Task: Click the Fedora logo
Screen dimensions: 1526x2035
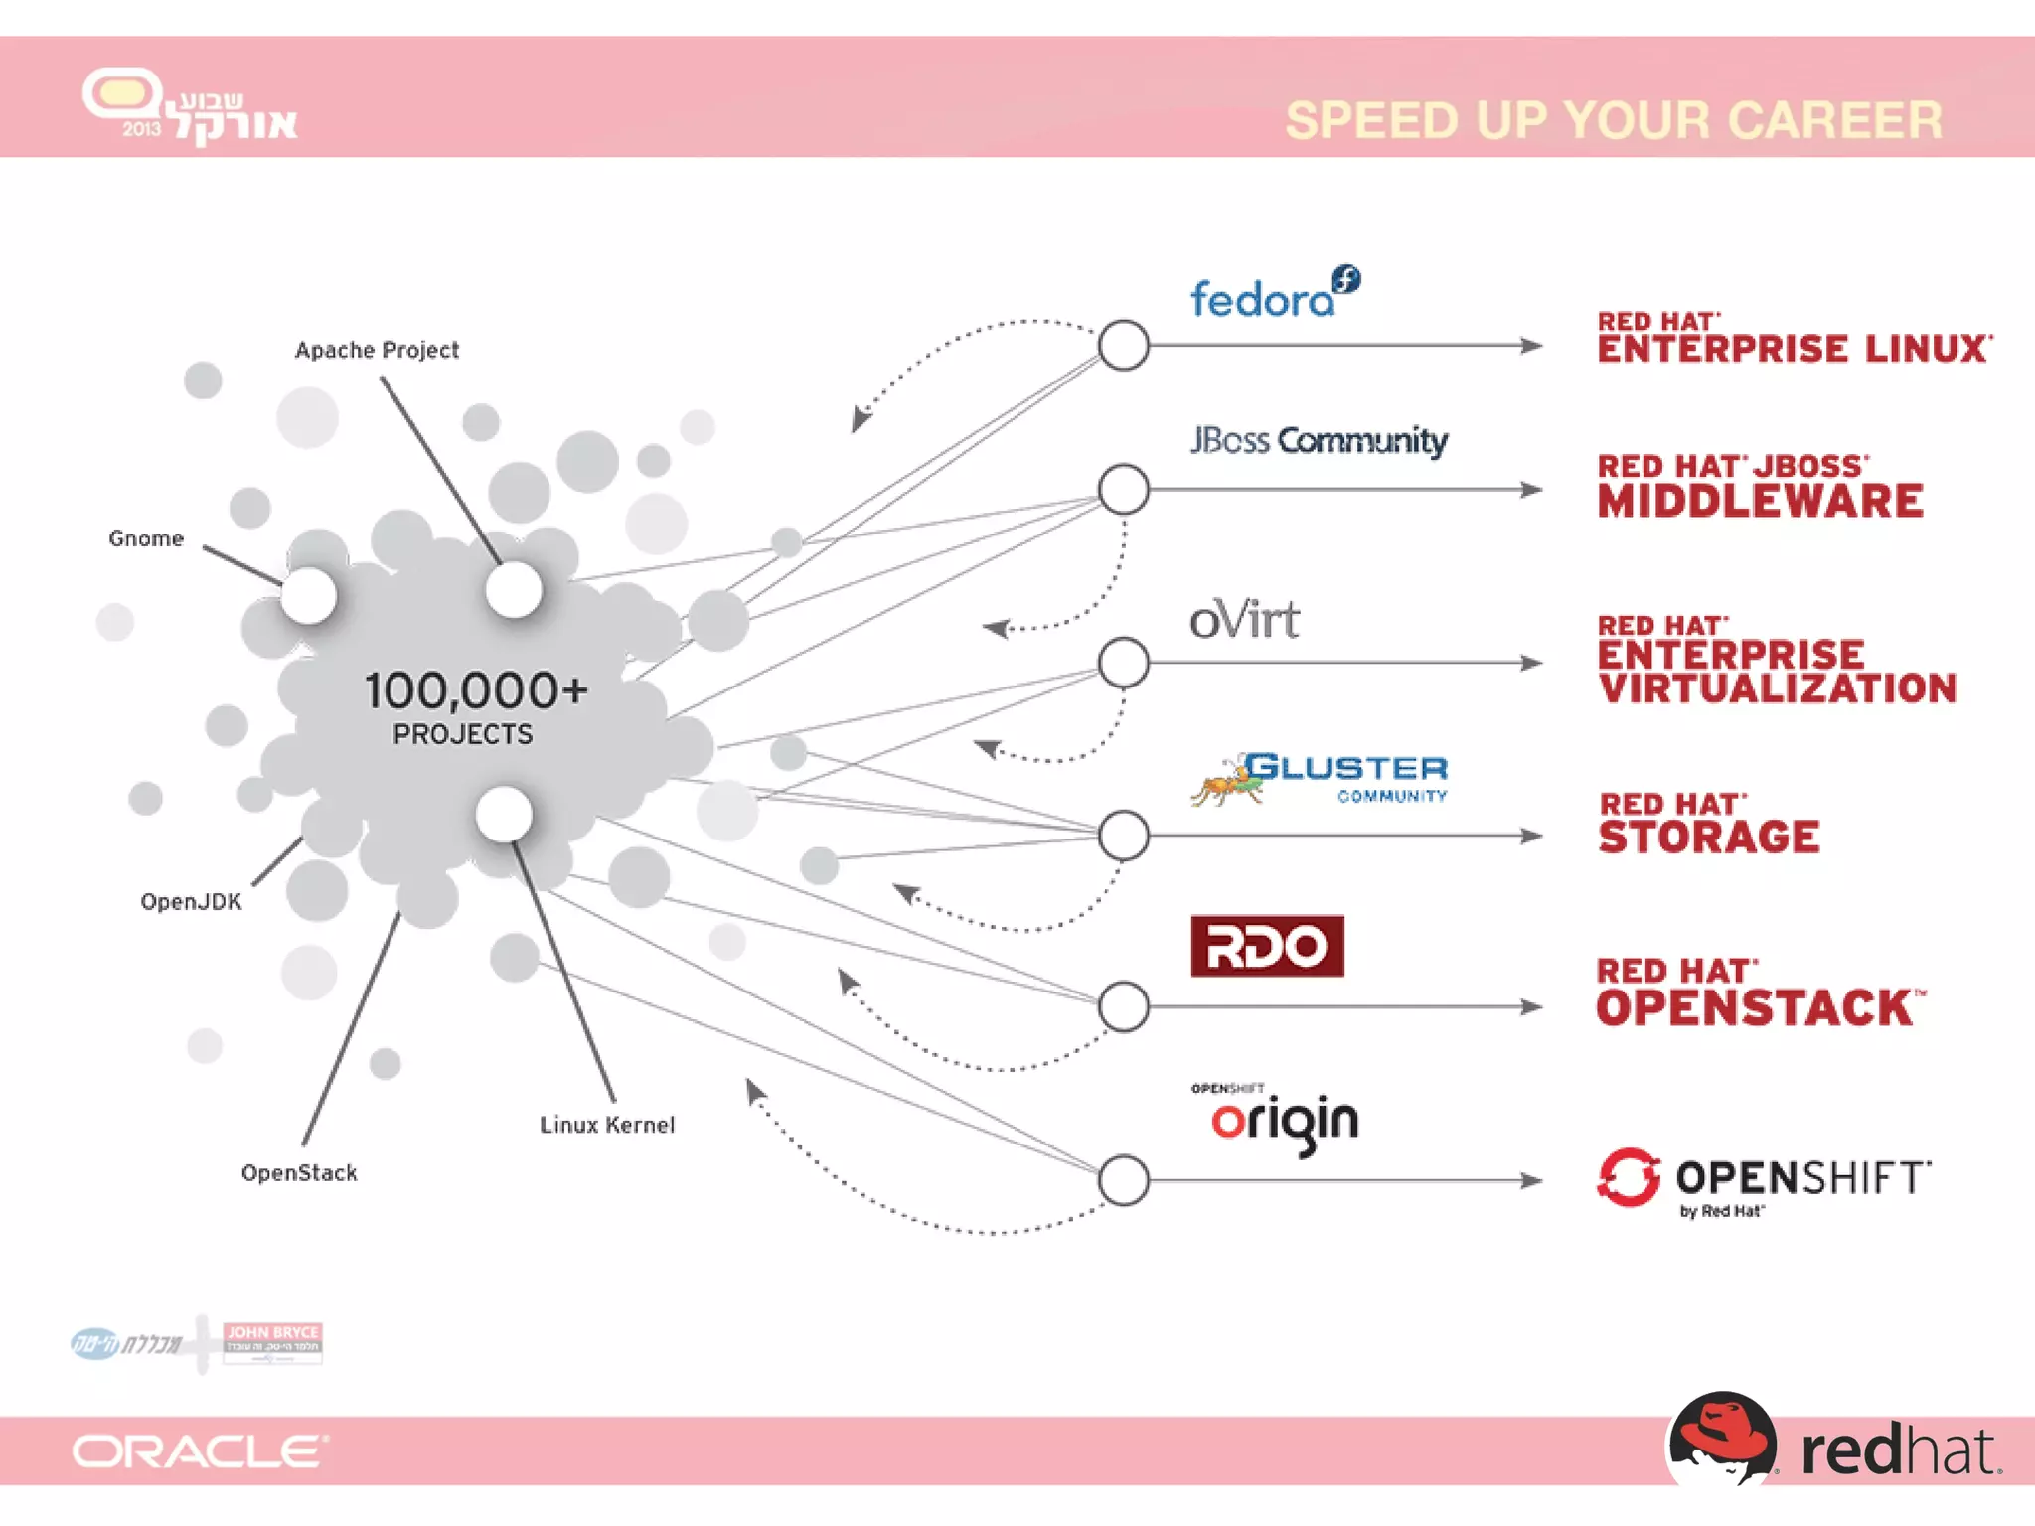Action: [1274, 295]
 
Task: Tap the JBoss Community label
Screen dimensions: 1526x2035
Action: [1319, 440]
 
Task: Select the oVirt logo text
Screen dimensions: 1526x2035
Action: [1244, 620]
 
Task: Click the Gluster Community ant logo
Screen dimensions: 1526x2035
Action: [1228, 781]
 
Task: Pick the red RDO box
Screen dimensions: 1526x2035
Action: [1267, 946]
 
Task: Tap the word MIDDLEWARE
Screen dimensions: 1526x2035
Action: [1760, 501]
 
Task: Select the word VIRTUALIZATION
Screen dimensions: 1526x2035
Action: [1778, 688]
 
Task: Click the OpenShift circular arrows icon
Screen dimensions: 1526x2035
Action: [1629, 1178]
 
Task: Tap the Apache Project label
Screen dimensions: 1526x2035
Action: [377, 351]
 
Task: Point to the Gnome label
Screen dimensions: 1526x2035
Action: [146, 538]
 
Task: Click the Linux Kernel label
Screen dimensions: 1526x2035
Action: [607, 1125]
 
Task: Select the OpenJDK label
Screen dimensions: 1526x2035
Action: [191, 902]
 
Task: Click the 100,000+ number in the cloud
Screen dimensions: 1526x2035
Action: [476, 690]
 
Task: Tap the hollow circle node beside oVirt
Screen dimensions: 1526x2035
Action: [1124, 663]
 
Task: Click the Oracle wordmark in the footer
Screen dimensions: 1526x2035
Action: [199, 1451]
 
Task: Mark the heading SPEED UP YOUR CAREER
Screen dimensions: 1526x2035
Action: [1613, 121]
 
